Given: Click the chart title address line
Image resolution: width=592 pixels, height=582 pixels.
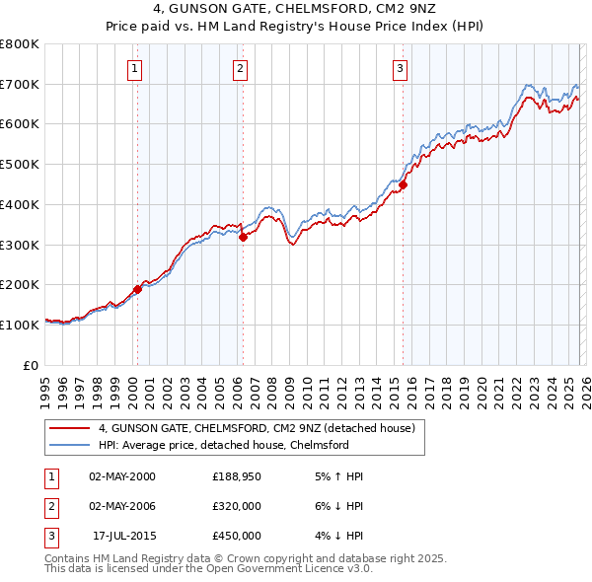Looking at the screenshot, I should (296, 8).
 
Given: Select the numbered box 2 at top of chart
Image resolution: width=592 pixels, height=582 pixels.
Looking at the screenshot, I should (241, 68).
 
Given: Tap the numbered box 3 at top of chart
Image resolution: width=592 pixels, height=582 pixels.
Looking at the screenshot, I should (401, 68).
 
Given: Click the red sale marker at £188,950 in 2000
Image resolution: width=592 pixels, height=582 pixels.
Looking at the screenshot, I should (137, 289).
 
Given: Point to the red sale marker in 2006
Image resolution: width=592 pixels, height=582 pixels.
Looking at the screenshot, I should (243, 237).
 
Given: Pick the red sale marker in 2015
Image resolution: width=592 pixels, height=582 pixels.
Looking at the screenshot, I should (404, 184).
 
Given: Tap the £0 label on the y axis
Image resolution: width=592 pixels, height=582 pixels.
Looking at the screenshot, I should (32, 365).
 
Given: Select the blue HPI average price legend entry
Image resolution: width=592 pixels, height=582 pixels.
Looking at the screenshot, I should (223, 446).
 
